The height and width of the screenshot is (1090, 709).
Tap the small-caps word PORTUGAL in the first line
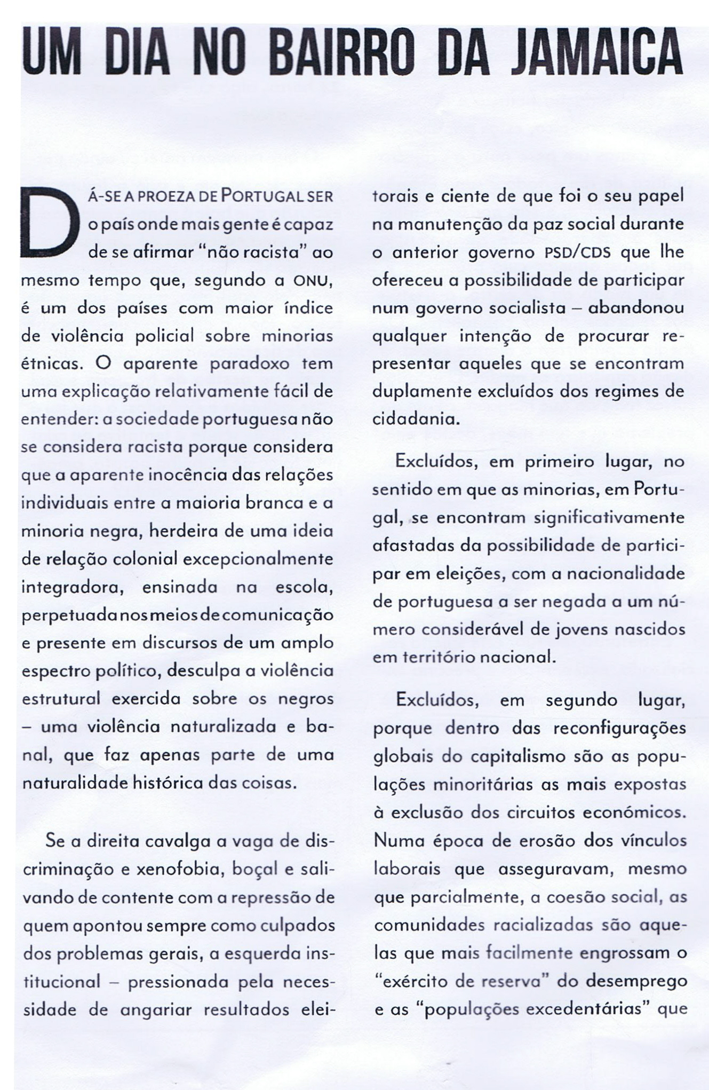tap(259, 196)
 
